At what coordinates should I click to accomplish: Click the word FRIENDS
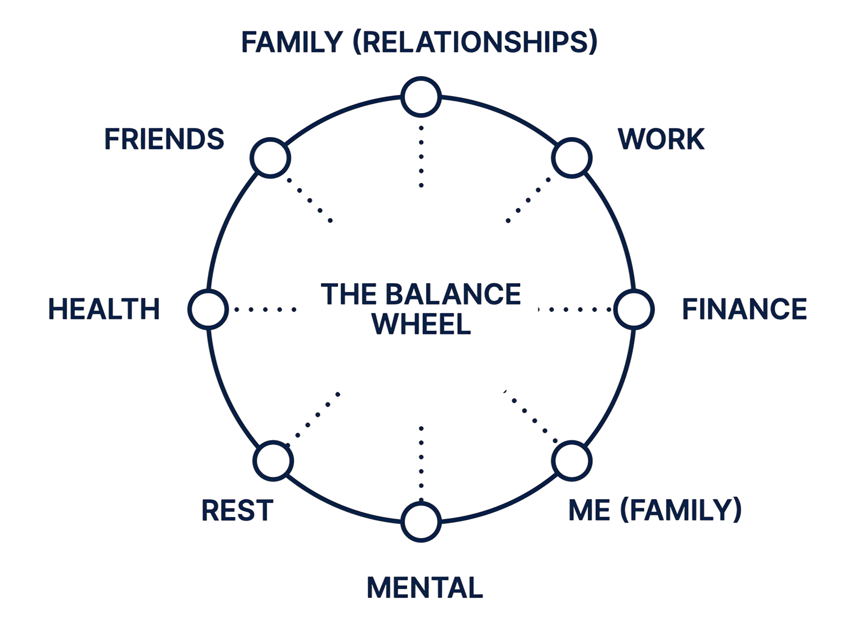164,140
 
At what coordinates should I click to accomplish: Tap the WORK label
661,140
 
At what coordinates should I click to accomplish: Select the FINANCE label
745,309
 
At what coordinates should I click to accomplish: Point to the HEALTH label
104,309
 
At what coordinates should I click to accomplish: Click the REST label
237,511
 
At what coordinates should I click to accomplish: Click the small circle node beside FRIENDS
271,158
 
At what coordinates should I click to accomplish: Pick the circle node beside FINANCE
634,309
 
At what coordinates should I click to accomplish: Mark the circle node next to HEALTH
208,309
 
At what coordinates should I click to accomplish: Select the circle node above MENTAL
421,522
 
